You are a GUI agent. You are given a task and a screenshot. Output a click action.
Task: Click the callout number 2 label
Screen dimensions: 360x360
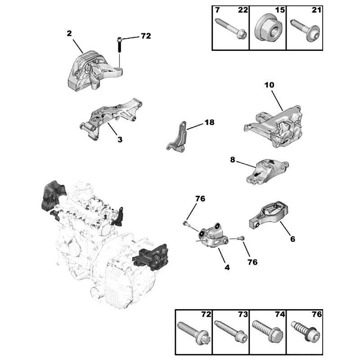(69, 33)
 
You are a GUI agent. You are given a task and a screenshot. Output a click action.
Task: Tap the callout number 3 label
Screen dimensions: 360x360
(120, 139)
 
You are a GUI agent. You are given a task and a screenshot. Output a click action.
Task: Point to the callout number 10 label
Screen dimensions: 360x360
(269, 85)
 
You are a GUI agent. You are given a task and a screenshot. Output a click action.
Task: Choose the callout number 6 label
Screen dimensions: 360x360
(292, 239)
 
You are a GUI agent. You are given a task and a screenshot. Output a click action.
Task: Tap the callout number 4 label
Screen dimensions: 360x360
(227, 267)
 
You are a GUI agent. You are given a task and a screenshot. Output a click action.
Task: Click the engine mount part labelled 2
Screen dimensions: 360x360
(92, 72)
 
